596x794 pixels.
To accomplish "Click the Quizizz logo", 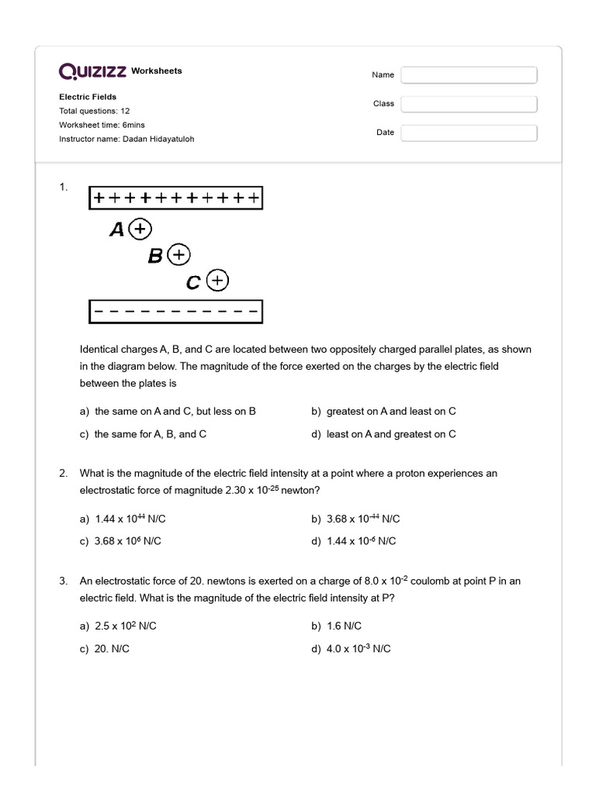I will tap(93, 71).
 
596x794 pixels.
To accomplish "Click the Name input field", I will tap(469, 75).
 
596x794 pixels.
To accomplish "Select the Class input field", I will tap(469, 104).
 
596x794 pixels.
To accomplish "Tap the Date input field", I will tap(469, 133).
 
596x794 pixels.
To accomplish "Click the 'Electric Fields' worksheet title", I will tap(88, 97).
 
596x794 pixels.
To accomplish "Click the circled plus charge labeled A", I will tap(140, 229).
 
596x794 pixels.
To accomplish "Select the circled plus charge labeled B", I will tap(179, 254).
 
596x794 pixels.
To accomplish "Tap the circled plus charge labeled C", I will tap(218, 280).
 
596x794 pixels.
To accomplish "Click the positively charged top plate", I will tap(176, 198).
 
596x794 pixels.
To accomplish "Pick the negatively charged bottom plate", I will tap(176, 312).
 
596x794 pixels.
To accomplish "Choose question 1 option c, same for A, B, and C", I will tap(143, 434).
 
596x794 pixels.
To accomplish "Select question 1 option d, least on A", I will tap(383, 434).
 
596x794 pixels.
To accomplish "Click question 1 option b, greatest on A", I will tap(383, 411).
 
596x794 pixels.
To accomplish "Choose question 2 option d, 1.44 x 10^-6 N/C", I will tap(354, 541).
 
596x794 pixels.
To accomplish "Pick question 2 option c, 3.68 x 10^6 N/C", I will tap(120, 541).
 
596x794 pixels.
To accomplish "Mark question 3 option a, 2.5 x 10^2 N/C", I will tap(123, 626).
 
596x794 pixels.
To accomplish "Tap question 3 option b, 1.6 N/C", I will tap(336, 626).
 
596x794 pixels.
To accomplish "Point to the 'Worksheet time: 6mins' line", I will tap(102, 125).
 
